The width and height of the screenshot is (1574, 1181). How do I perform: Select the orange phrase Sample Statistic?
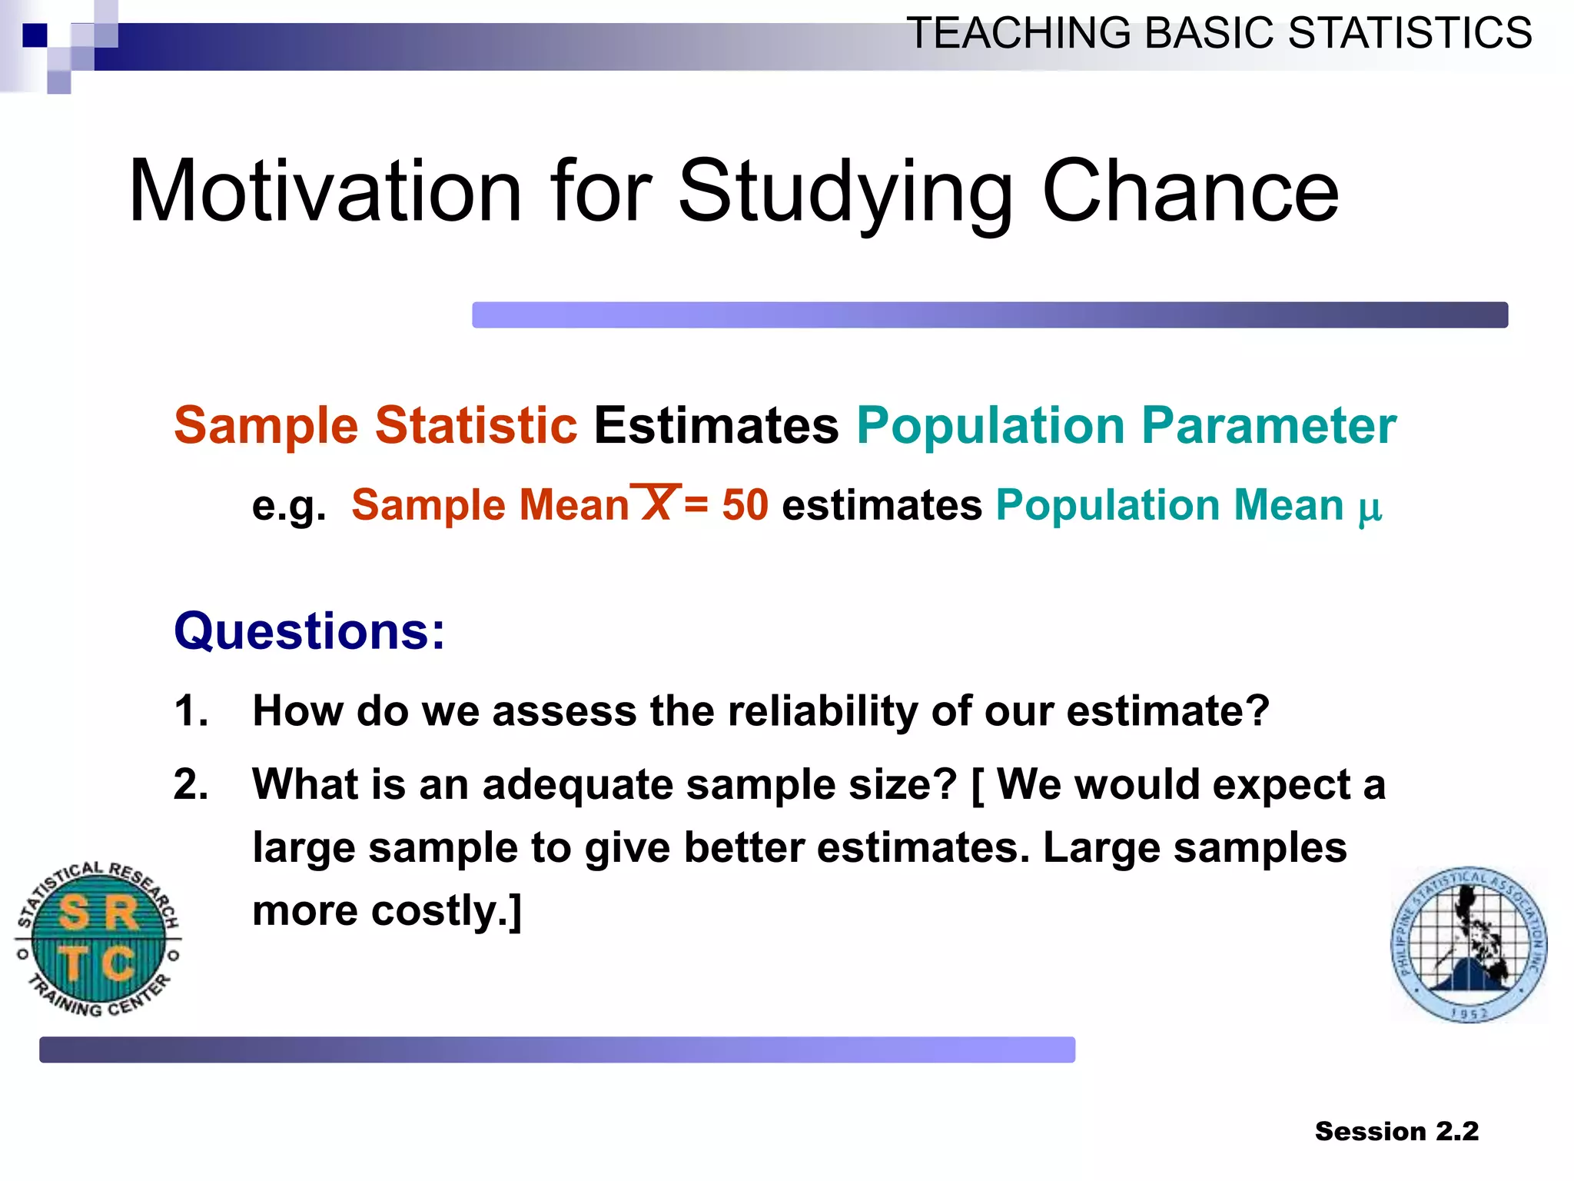point(375,425)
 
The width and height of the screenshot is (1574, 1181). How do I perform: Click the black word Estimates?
point(716,425)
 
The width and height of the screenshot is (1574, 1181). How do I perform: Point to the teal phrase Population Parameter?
point(1126,425)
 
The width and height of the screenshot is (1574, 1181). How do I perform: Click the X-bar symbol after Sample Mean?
point(656,503)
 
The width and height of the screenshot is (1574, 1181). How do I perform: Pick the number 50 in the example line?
point(745,505)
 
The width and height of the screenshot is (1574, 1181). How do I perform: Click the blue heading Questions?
point(309,630)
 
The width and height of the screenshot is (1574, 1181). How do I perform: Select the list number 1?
point(190,710)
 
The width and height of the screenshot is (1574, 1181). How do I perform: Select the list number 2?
point(190,784)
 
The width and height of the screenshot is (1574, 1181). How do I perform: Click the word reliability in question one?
point(822,710)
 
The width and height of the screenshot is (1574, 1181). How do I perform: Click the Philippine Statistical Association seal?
point(1469,944)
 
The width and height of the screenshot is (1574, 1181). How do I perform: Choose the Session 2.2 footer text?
point(1396,1131)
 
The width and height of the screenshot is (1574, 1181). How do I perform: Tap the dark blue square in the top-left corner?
point(35,35)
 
